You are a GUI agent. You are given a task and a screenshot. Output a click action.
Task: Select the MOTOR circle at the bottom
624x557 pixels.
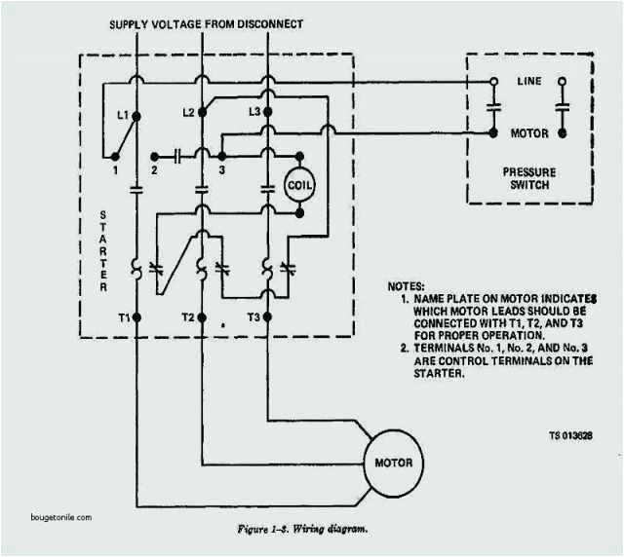tap(393, 462)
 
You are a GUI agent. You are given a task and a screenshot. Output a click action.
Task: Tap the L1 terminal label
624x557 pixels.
tap(123, 115)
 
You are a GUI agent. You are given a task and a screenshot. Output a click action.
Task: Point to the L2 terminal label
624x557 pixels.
tap(189, 112)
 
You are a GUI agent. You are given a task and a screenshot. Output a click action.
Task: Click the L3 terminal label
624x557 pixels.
tap(253, 112)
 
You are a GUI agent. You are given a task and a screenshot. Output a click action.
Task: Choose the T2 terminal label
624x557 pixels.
tap(187, 317)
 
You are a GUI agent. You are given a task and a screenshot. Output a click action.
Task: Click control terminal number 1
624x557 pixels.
tap(114, 170)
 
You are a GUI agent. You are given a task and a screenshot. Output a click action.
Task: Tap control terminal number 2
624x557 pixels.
tap(154, 171)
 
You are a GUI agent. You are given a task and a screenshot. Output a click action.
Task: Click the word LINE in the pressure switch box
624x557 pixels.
tap(528, 82)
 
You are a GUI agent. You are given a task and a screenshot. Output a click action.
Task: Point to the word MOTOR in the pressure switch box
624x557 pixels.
tap(530, 132)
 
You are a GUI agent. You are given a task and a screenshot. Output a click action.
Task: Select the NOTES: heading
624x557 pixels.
tap(408, 286)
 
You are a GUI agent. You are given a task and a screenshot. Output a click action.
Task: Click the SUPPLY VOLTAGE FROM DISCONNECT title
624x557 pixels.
tap(219, 23)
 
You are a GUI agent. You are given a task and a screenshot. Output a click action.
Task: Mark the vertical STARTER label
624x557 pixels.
tap(103, 249)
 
